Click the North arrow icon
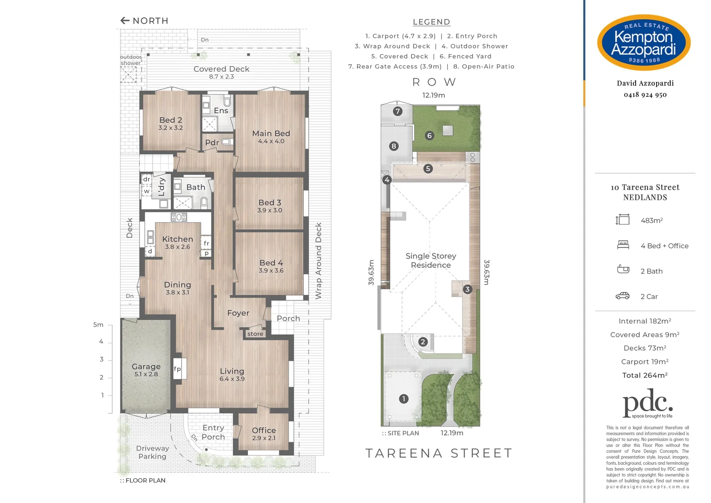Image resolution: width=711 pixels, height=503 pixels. [x=125, y=20]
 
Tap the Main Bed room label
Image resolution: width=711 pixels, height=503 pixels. [x=271, y=134]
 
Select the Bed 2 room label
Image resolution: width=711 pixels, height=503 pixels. [x=171, y=120]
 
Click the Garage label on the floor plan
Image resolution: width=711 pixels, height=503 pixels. [x=146, y=367]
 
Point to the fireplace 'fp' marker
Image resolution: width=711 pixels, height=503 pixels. [x=177, y=369]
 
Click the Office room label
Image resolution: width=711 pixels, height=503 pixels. [x=264, y=430]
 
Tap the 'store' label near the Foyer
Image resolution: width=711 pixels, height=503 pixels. [x=255, y=334]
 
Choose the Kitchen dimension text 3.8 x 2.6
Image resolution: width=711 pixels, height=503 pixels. [x=177, y=247]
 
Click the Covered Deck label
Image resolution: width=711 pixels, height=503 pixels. [x=221, y=69]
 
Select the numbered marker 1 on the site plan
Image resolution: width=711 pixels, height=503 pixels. [x=404, y=399]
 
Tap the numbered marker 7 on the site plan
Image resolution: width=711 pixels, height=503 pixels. [x=397, y=111]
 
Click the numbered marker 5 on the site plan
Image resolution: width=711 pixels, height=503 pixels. [x=428, y=169]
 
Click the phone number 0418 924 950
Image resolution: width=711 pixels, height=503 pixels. [x=645, y=95]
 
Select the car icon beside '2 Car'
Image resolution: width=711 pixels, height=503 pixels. [x=623, y=296]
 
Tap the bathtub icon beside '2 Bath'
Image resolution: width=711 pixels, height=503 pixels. [x=623, y=269]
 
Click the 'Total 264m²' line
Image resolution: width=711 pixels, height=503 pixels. [x=645, y=375]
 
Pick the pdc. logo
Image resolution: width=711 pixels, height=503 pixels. [x=647, y=404]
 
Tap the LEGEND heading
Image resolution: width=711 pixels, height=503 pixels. [x=431, y=22]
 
